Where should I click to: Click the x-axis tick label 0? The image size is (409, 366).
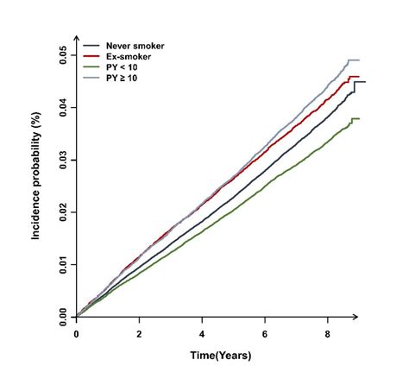pyautogui.click(x=77, y=332)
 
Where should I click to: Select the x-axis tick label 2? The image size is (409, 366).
pyautogui.click(x=139, y=332)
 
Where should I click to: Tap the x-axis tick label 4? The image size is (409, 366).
pyautogui.click(x=202, y=332)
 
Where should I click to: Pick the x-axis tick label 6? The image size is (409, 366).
pyautogui.click(x=264, y=332)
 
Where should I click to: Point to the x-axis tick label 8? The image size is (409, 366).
pyautogui.click(x=327, y=332)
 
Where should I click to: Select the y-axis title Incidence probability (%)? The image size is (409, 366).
pyautogui.click(x=37, y=185)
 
